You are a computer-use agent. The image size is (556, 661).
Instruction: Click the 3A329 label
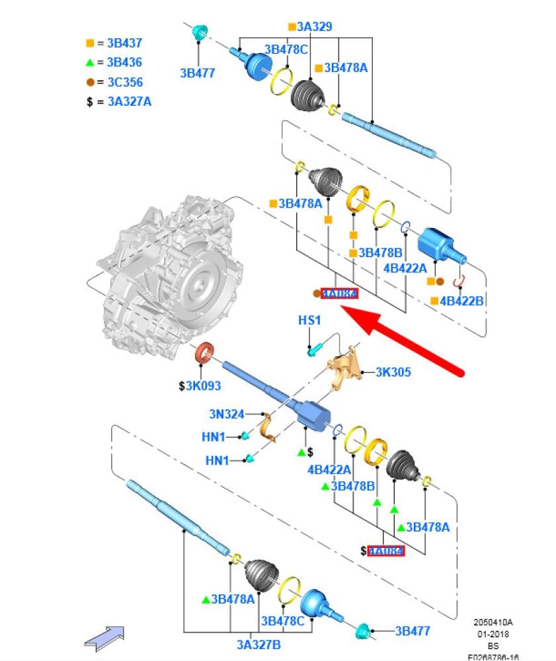(313, 27)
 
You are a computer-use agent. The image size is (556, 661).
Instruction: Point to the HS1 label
(309, 321)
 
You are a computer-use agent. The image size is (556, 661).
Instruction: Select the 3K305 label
(393, 372)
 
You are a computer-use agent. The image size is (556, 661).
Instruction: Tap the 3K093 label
(203, 386)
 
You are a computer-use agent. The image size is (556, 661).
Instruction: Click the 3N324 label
(226, 414)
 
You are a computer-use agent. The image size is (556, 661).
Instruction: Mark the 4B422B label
(461, 301)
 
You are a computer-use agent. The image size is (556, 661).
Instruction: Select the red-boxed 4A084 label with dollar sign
(385, 551)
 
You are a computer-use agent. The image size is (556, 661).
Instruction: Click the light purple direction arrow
(105, 637)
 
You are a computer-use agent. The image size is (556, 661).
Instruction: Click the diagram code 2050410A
(493, 623)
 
